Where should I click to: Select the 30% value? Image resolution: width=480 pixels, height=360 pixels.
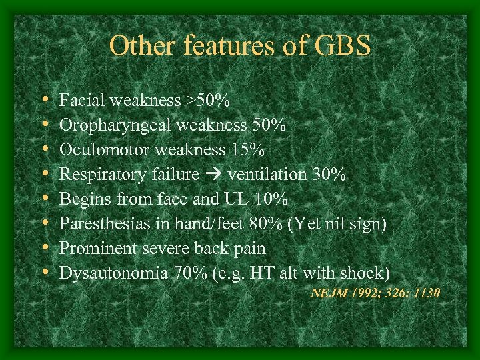tap(329, 175)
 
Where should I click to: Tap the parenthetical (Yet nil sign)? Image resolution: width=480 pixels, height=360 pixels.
tap(335, 224)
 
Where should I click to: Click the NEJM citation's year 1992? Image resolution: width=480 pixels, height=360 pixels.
tap(363, 293)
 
